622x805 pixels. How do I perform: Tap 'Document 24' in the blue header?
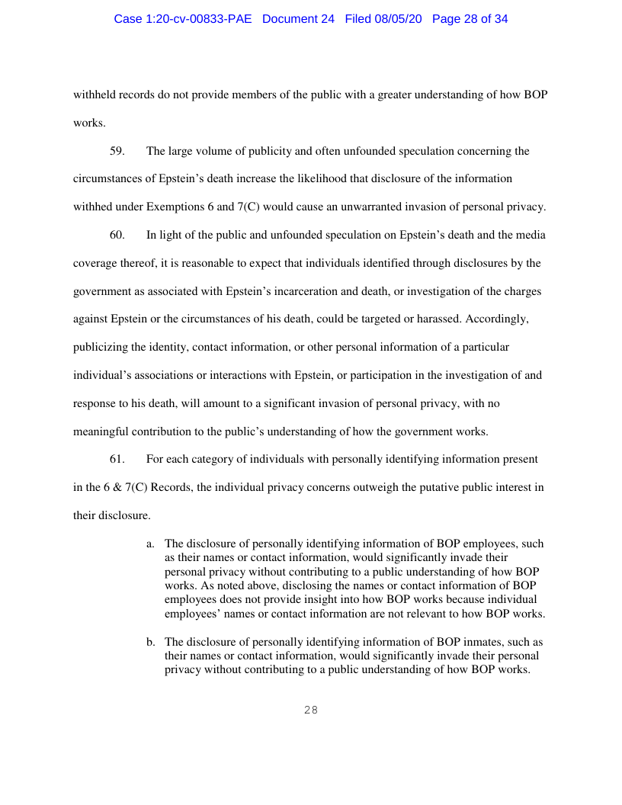click(x=298, y=19)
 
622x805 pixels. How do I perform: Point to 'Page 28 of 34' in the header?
click(x=470, y=19)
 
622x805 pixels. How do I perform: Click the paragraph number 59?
click(x=117, y=151)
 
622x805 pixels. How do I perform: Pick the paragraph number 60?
click(x=117, y=235)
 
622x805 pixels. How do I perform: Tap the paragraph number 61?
click(x=117, y=459)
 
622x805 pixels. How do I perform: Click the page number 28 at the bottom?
click(x=310, y=710)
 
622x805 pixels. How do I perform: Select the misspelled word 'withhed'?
click(x=92, y=207)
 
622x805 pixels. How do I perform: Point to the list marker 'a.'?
click(x=151, y=544)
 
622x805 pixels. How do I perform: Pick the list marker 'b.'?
click(x=151, y=642)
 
